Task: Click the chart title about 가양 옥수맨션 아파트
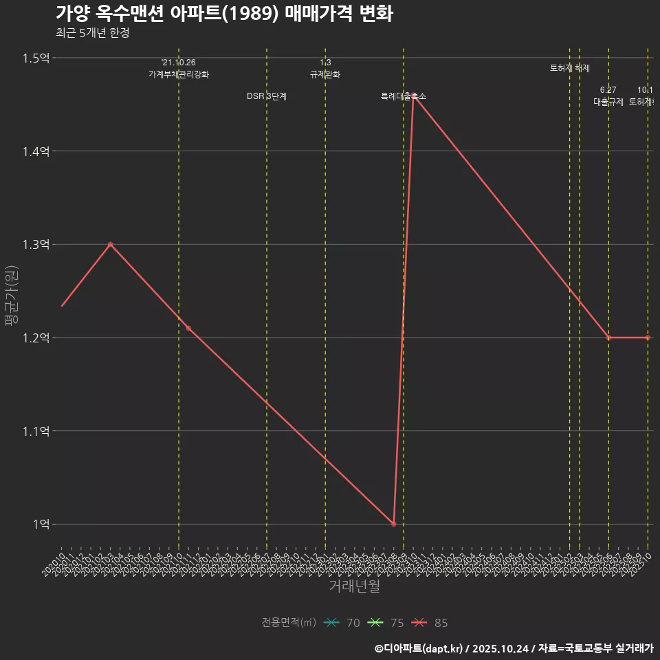pyautogui.click(x=224, y=14)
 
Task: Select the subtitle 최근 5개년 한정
pyautogui.click(x=92, y=33)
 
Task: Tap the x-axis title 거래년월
pyautogui.click(x=354, y=586)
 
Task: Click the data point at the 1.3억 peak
pyautogui.click(x=110, y=244)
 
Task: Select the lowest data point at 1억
pyautogui.click(x=393, y=524)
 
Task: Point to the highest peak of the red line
pyautogui.click(x=413, y=98)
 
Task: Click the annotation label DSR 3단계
pyautogui.click(x=267, y=96)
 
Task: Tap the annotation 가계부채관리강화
pyautogui.click(x=179, y=74)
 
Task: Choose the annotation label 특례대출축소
pyautogui.click(x=404, y=97)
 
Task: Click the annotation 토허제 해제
pyautogui.click(x=570, y=68)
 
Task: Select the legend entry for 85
pyautogui.click(x=430, y=623)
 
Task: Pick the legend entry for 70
pyautogui.click(x=342, y=623)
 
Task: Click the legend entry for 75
pyautogui.click(x=386, y=623)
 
